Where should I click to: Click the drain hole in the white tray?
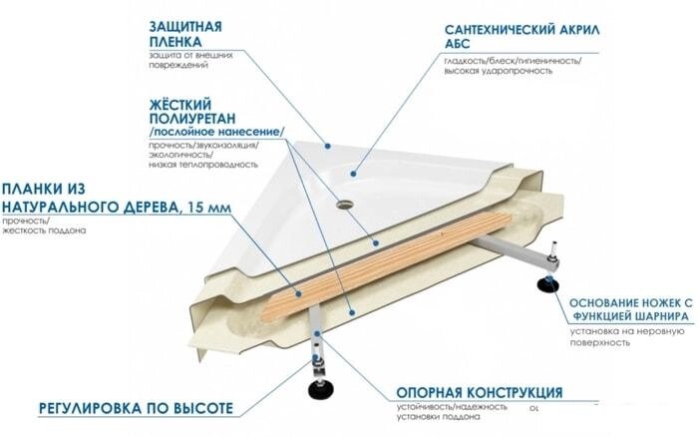click(x=344, y=205)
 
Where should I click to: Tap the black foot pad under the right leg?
click(x=547, y=284)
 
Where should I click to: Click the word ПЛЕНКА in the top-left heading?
click(x=175, y=42)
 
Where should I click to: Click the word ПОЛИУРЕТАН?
click(x=192, y=119)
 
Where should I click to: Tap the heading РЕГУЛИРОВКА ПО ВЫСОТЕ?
click(x=136, y=408)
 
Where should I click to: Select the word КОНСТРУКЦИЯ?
click(x=515, y=393)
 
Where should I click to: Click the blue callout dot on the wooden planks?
click(x=298, y=293)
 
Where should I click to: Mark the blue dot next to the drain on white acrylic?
click(x=353, y=174)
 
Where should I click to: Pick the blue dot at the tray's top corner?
click(x=327, y=146)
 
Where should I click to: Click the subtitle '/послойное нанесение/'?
click(x=216, y=133)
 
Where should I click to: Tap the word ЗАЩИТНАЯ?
click(x=185, y=26)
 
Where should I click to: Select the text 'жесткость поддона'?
click(x=44, y=230)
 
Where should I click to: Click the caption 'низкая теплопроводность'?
click(x=203, y=165)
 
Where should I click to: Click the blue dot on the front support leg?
click(x=316, y=333)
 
